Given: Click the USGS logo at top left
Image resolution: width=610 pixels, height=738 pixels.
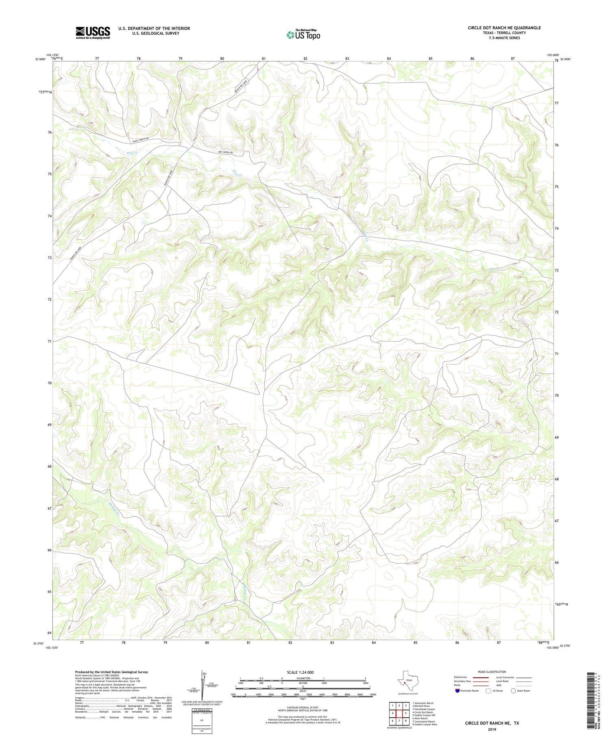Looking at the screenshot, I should click(93, 33).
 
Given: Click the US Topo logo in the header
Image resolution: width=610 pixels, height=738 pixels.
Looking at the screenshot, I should click(303, 35).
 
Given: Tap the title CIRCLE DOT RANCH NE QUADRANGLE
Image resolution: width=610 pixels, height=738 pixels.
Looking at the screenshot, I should click(504, 28).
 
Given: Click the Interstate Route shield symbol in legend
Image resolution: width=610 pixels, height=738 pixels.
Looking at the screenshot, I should click(457, 691).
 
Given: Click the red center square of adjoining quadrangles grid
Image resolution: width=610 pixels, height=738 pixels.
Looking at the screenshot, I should click(399, 713).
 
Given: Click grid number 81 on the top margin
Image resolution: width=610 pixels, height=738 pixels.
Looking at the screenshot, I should click(264, 59).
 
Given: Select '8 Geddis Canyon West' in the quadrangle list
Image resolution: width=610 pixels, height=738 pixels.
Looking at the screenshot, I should click(425, 725).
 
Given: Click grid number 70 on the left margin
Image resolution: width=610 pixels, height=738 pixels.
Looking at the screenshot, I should click(50, 383).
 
